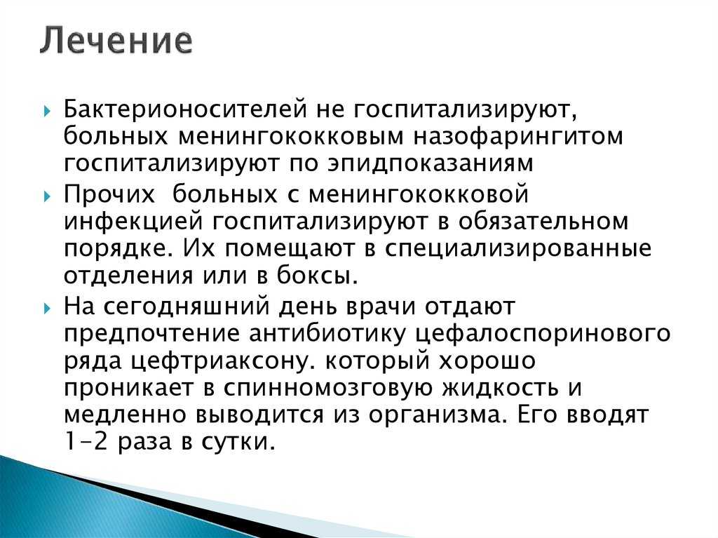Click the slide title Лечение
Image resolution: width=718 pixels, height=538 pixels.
pos(116,41)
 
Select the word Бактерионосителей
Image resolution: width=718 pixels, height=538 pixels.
pos(185,109)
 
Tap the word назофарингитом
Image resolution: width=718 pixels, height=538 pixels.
pos(518,137)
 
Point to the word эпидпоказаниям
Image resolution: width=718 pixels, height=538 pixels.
pos(431,163)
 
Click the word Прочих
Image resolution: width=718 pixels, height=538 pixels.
pos(109,194)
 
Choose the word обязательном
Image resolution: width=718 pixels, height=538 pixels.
pos(543,221)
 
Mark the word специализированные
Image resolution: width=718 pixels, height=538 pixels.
pos(517,249)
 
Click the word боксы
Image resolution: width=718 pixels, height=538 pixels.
pos(317,276)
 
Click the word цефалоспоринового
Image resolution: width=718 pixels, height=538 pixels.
pos(543,334)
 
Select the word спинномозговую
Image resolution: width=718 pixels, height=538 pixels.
pos(327,388)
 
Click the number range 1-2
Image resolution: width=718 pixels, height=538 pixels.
pos(85,441)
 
